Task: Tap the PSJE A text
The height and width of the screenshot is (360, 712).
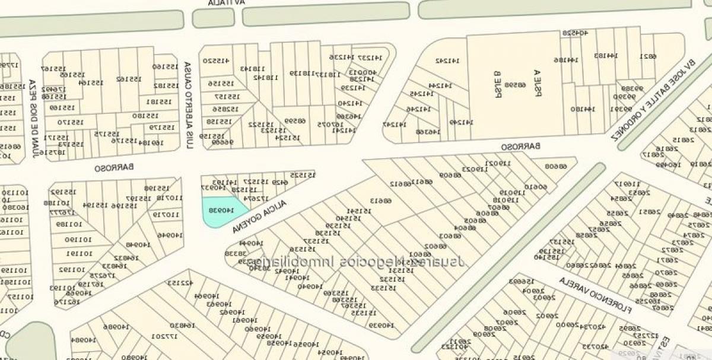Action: pyautogui.click(x=538, y=83)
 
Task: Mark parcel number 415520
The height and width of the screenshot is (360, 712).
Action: pyautogui.click(x=217, y=60)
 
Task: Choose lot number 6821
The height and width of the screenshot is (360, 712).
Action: pyautogui.click(x=648, y=56)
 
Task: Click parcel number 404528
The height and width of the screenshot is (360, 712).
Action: pyautogui.click(x=575, y=33)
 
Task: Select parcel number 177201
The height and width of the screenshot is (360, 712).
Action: pyautogui.click(x=166, y=336)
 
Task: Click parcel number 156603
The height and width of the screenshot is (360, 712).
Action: pyautogui.click(x=522, y=281)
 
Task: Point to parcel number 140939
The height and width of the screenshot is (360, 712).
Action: pyautogui.click(x=382, y=324)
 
